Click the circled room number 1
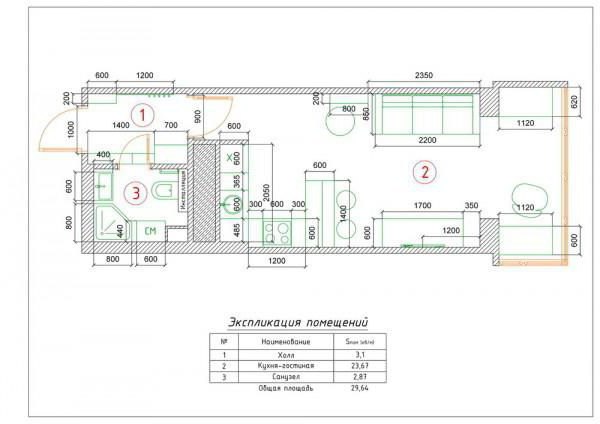pos(144,114)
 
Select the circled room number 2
pos(425,171)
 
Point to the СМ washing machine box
pos(151,232)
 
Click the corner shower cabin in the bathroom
pos(109,222)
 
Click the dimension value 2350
pos(429,76)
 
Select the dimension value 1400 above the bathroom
pos(121,126)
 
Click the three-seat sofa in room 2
pos(428,114)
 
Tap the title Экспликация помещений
pos(299,323)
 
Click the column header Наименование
pos(287,342)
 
